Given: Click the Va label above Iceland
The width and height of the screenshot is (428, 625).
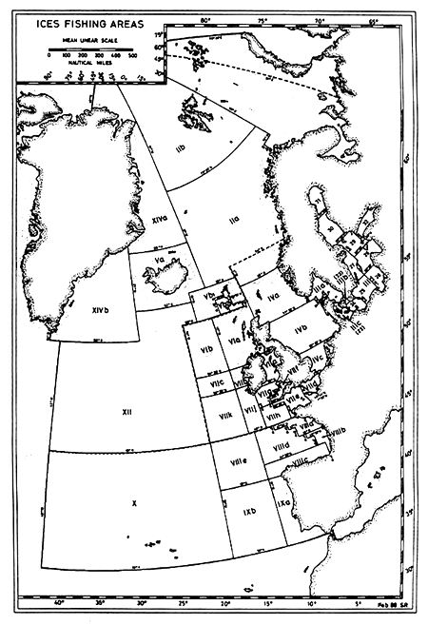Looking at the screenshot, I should [147, 257].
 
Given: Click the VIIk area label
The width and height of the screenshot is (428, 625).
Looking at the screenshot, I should [226, 417].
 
